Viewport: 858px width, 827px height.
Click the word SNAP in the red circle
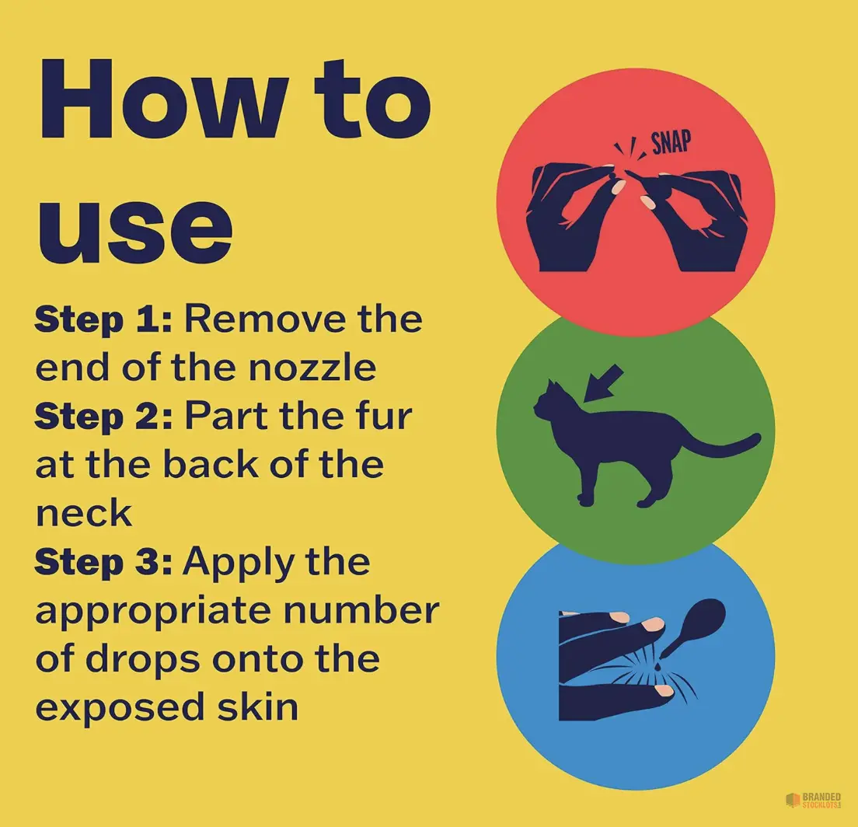pyautogui.click(x=671, y=143)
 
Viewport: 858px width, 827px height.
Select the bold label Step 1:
pyautogui.click(x=103, y=319)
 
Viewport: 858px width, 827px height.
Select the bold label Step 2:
pyautogui.click(x=103, y=417)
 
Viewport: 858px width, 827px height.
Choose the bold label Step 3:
pyautogui.click(x=103, y=562)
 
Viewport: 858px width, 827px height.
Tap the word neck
pyautogui.click(x=84, y=513)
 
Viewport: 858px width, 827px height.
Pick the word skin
pyautogui.click(x=258, y=707)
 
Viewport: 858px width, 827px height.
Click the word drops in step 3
pyautogui.click(x=143, y=659)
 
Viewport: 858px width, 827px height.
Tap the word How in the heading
pyautogui.click(x=164, y=101)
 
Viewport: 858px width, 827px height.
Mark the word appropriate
pyautogui.click(x=153, y=612)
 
